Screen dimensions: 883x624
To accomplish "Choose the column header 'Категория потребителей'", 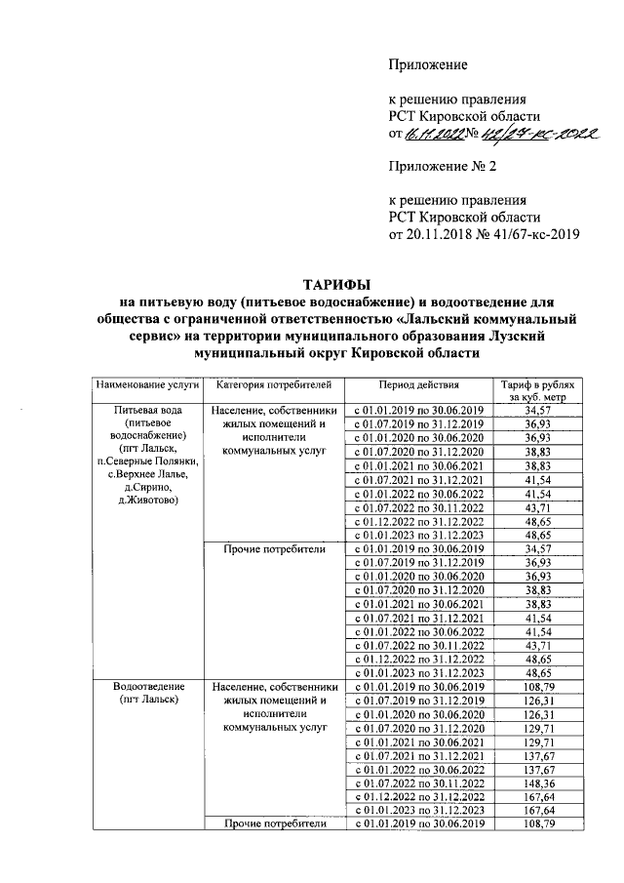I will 274,385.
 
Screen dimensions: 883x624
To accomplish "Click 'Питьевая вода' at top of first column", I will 146,411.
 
